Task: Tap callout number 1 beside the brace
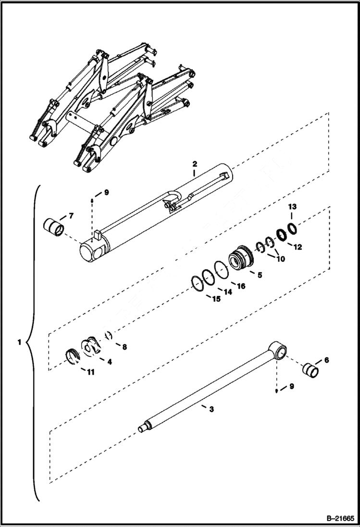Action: coord(19,343)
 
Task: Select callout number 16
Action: coord(241,286)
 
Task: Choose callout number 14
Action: coord(228,292)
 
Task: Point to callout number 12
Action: coord(298,247)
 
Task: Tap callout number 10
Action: coord(280,259)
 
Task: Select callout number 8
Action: coord(124,346)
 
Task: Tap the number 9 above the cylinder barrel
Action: coord(106,192)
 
